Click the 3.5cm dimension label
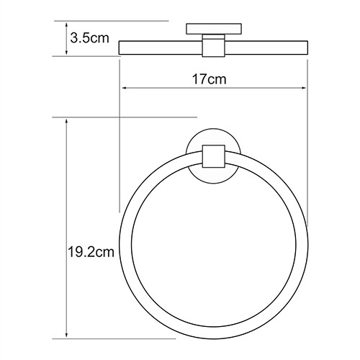point(89,38)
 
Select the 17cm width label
point(214,78)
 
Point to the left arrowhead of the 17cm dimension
point(123,88)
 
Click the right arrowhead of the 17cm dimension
point(305,88)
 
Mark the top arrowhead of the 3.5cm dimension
point(67,23)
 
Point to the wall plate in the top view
point(214,30)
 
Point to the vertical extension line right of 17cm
point(309,144)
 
